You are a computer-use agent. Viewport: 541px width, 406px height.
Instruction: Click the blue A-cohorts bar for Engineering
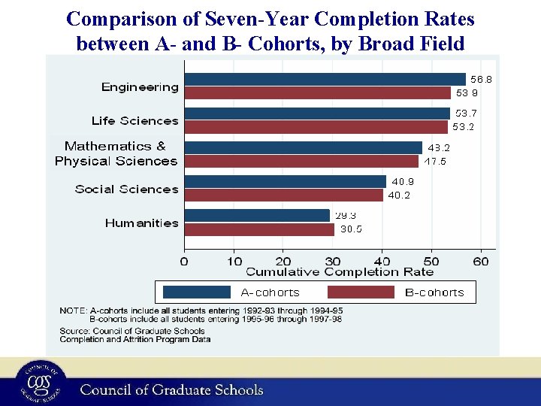click(x=325, y=79)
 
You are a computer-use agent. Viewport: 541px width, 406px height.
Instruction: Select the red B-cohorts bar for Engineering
click(x=317, y=93)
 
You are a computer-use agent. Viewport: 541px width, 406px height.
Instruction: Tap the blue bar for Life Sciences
click(x=316, y=113)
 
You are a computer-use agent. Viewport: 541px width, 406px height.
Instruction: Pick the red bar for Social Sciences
click(x=283, y=195)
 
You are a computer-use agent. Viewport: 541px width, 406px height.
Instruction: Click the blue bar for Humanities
click(x=257, y=215)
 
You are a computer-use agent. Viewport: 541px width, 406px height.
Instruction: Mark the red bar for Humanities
click(x=259, y=229)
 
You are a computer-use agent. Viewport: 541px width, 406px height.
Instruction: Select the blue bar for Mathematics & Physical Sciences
click(x=303, y=147)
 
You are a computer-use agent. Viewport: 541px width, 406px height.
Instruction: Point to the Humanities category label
click(x=141, y=223)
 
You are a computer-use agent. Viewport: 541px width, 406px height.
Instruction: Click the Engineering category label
click(x=140, y=87)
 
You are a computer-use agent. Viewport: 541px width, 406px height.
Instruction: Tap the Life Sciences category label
click(x=135, y=121)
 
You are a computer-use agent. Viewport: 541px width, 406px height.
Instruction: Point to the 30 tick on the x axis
click(x=333, y=261)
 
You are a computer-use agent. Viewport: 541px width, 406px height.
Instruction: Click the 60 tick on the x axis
click(x=481, y=261)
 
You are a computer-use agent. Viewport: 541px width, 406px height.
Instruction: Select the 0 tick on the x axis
click(x=185, y=261)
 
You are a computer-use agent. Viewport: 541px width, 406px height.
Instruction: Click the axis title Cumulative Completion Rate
click(x=340, y=271)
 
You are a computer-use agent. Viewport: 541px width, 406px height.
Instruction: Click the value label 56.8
click(x=481, y=79)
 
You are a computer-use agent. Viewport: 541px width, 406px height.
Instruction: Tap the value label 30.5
click(x=351, y=229)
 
